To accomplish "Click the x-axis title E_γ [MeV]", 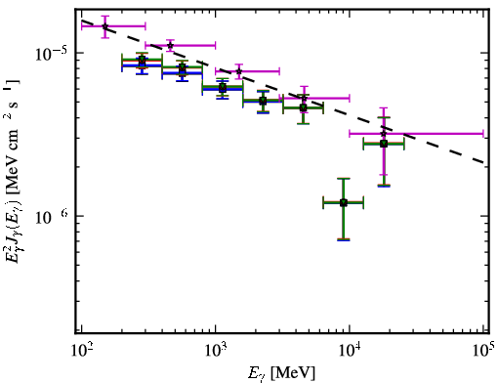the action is coord(281,373).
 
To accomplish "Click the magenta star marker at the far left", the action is coord(105,26).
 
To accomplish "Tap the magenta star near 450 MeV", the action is coord(170,45).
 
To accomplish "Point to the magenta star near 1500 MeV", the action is coord(239,71).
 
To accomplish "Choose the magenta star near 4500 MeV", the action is coord(304,98).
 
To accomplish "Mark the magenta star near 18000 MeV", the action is coord(384,133).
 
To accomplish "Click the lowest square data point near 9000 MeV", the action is coord(344,202).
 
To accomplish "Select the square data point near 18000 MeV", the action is coord(384,144).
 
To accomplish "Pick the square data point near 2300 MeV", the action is coord(263,101).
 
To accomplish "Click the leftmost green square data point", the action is coord(142,61).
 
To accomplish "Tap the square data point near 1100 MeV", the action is coord(223,87).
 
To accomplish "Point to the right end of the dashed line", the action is coord(485,162).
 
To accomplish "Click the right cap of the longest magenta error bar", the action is coord(483,133).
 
